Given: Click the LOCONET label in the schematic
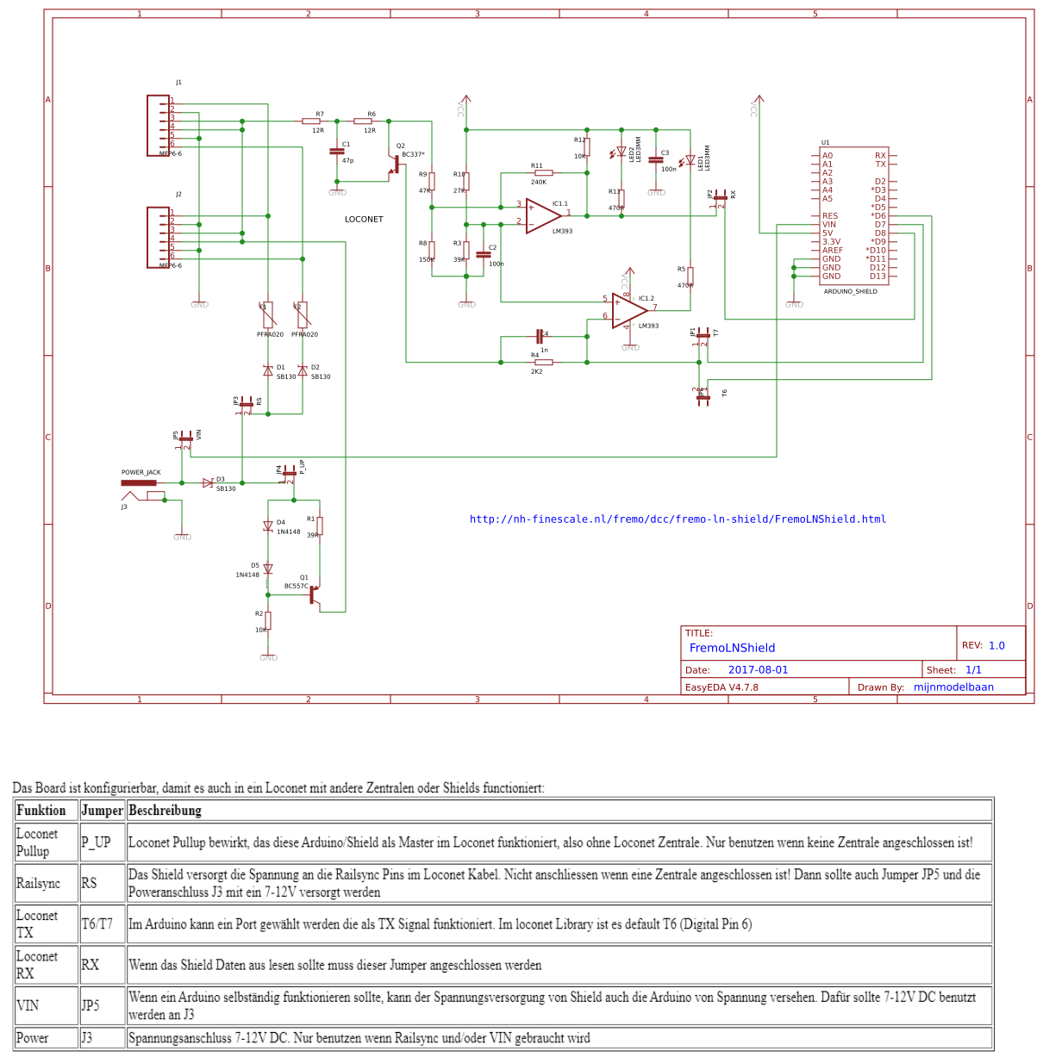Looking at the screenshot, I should (x=364, y=220).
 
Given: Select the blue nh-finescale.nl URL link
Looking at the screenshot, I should (x=678, y=519).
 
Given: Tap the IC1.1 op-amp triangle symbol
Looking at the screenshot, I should (x=543, y=215).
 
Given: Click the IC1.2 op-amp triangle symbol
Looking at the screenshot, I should (x=629, y=309).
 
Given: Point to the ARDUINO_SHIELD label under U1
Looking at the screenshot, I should (x=850, y=292).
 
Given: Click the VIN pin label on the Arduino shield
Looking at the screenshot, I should (x=829, y=225).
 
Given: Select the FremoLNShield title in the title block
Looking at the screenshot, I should (x=732, y=648).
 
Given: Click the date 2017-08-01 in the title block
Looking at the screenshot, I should (x=758, y=670).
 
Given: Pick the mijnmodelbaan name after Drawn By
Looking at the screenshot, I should (x=953, y=687).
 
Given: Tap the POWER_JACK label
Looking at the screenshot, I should (x=141, y=472).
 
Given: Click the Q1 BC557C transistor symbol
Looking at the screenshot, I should (x=315, y=594).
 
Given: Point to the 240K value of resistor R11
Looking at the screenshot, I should (x=539, y=183).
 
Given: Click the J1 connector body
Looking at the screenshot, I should (x=159, y=125).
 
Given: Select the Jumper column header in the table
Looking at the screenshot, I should (x=103, y=811).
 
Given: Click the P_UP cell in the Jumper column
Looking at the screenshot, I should (x=97, y=842).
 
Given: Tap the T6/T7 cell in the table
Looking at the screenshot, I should (x=97, y=924).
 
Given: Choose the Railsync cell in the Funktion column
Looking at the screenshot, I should (x=39, y=884).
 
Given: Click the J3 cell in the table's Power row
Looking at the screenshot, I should (x=87, y=1038).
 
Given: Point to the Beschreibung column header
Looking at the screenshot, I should (x=165, y=811).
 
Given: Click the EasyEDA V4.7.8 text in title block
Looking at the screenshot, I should (x=721, y=687).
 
